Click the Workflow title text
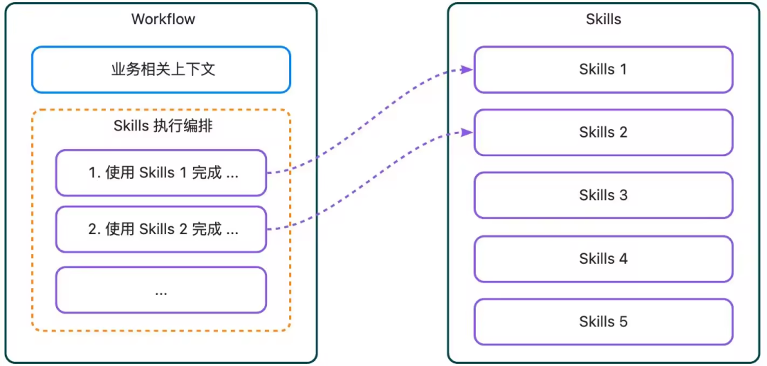point(163,19)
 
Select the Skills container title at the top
point(603,19)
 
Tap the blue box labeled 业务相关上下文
point(161,70)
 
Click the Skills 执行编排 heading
point(163,126)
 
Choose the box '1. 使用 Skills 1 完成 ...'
point(161,172)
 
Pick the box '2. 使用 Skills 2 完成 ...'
point(161,229)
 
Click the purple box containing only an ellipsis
point(161,290)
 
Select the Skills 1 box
point(603,70)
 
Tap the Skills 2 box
point(603,133)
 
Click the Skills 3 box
point(603,195)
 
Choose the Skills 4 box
point(603,259)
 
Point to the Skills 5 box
point(603,321)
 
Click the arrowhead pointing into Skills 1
point(467,69)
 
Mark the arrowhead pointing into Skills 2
point(467,132)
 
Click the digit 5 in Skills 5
point(623,321)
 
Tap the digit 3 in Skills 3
point(623,195)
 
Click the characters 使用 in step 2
point(120,229)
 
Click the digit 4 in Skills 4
point(623,259)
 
